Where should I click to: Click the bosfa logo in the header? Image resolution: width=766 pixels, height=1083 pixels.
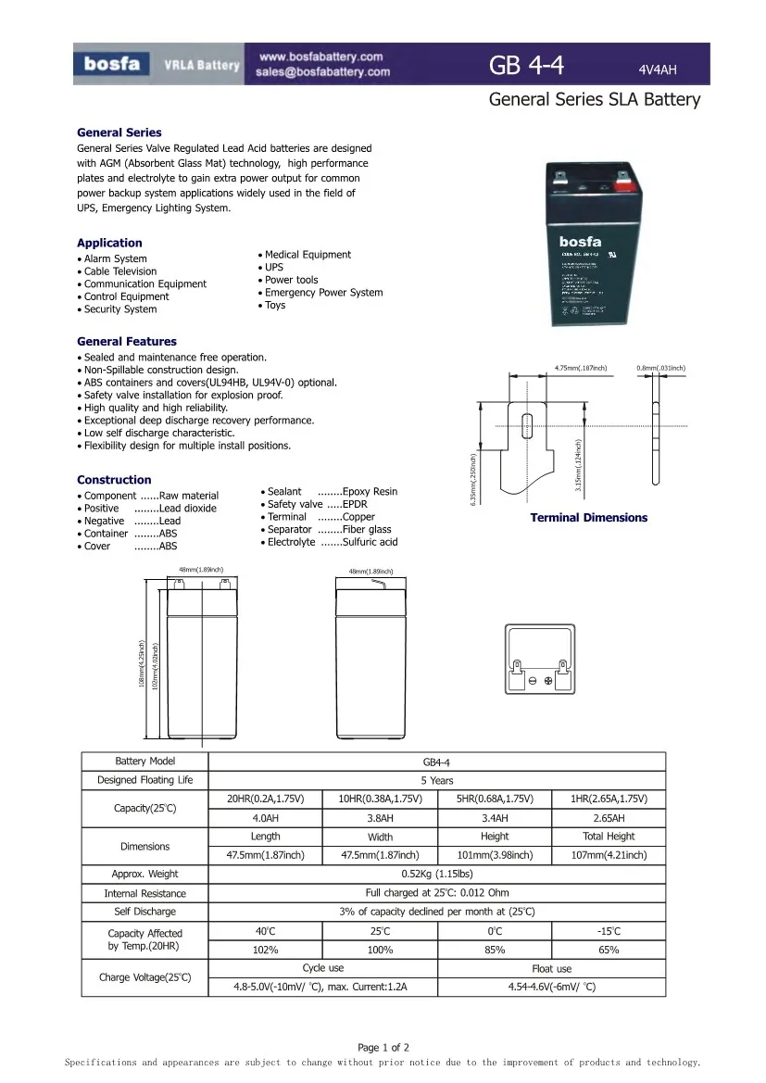(112, 64)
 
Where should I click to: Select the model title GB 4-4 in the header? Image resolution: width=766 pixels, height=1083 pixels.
(526, 65)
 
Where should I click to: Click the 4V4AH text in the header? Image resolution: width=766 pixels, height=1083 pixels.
(658, 69)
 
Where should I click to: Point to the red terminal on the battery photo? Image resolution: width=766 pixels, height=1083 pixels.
(622, 184)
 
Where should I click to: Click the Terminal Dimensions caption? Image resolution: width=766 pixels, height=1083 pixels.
(588, 518)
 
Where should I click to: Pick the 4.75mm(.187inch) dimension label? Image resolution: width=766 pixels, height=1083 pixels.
(580, 369)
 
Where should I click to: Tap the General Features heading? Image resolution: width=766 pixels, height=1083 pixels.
(126, 342)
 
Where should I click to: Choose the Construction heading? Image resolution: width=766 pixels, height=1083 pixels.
(114, 480)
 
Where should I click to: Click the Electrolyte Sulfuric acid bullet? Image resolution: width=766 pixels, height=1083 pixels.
(333, 542)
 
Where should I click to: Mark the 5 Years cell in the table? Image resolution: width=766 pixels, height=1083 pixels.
(437, 781)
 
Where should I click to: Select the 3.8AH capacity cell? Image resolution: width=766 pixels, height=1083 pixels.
(380, 818)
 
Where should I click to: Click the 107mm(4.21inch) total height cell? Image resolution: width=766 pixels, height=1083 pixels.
(609, 855)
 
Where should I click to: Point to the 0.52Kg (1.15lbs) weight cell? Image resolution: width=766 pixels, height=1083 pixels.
(437, 874)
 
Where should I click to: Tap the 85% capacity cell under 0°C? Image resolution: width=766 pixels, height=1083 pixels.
(495, 950)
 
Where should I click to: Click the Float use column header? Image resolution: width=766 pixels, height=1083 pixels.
(551, 969)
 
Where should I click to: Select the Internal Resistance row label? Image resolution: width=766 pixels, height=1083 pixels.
(144, 893)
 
